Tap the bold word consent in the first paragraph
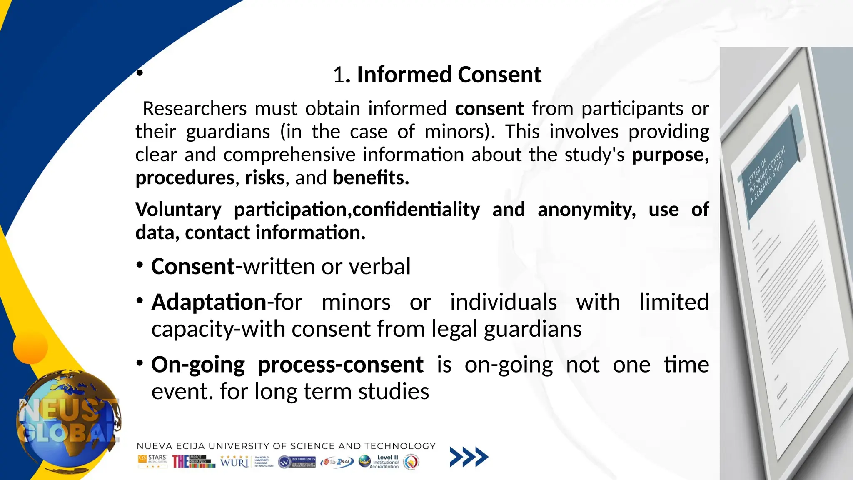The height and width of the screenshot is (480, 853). pos(489,109)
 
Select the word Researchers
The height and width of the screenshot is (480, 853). pos(195,109)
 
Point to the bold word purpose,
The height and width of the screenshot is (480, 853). pos(670,155)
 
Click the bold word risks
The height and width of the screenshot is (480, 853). pos(264,178)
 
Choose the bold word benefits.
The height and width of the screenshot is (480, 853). pos(370,178)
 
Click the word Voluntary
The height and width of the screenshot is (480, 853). pos(178,210)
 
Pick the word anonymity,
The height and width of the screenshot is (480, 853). pos(586,210)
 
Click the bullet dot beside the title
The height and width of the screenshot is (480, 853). pos(140,73)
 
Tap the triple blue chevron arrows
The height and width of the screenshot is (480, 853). pos(469,457)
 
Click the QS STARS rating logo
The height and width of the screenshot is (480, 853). pos(152,461)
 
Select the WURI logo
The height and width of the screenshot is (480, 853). pos(234,461)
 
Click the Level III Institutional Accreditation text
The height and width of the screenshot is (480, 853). pos(386,462)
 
